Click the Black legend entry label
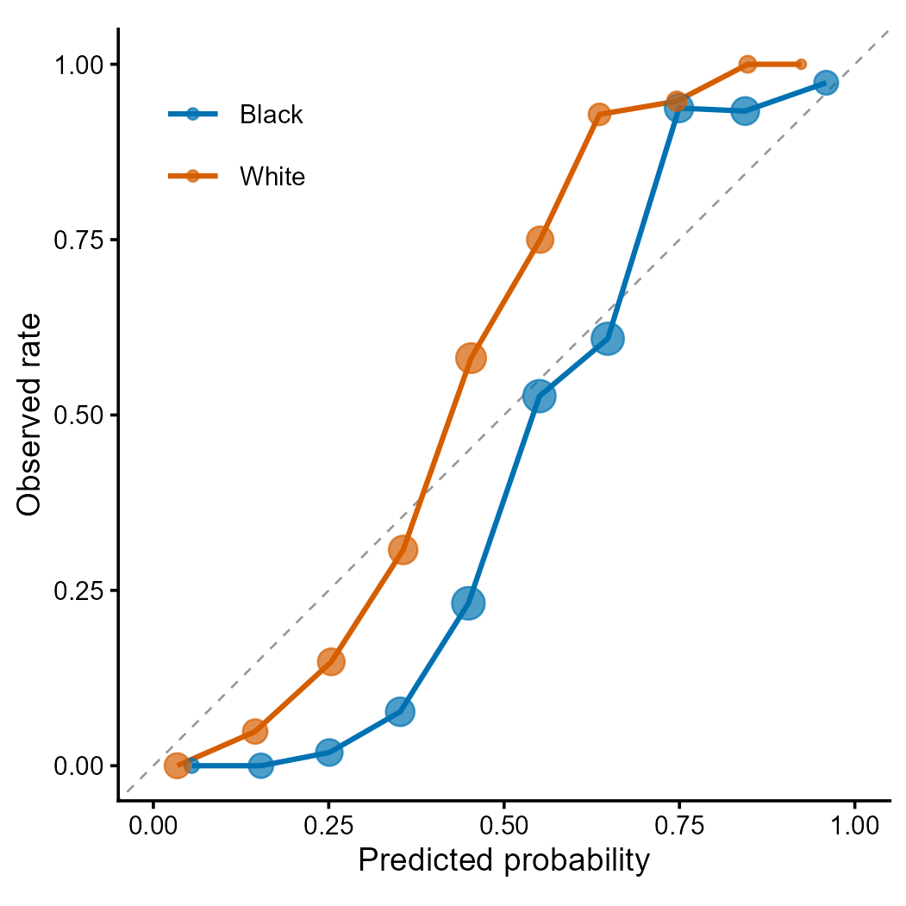[272, 115]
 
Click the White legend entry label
[272, 177]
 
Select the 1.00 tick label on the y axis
[78, 65]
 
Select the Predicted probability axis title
[503, 860]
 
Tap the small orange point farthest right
[801, 64]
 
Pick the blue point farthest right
[826, 83]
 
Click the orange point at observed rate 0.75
[540, 240]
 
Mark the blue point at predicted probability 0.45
[468, 603]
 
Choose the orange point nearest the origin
[177, 765]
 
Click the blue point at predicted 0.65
[608, 339]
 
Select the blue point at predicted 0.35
[399, 712]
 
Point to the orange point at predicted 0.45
[471, 358]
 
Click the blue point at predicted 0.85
[746, 110]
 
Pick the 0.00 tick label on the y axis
[78, 765]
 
